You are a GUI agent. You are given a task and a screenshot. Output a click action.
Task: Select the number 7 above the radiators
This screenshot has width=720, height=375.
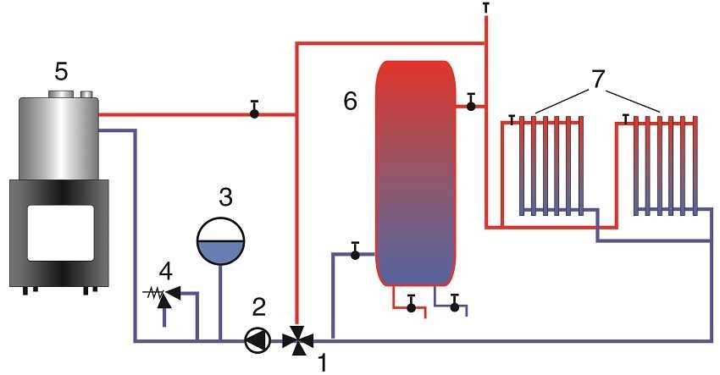coord(598,81)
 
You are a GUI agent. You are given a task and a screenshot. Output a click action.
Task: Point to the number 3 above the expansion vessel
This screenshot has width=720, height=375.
coord(224,198)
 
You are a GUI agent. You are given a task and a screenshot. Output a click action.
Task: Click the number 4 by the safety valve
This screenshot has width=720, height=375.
coord(166,273)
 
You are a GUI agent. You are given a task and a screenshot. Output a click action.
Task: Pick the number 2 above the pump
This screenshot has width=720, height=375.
coord(260,306)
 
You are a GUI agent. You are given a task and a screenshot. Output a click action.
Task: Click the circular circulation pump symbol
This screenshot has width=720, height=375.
coord(255,339)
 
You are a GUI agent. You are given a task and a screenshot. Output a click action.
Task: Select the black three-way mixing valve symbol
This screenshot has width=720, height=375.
coord(296,339)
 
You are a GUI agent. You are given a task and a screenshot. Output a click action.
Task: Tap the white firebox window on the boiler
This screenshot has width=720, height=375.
coord(58,232)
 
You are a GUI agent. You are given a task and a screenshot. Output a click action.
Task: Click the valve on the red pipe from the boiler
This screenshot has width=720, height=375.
coord(254,113)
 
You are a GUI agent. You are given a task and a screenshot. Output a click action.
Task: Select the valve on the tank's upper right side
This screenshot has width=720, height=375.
coord(470,105)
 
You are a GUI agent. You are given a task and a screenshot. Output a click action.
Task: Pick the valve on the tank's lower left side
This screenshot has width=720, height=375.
coord(356,252)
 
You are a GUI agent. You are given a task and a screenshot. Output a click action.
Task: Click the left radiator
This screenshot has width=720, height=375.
coord(548,165)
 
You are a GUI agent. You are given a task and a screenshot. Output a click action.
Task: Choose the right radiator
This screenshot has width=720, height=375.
coord(663,165)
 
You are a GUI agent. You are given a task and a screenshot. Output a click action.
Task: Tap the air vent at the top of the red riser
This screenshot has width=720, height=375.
coord(486,8)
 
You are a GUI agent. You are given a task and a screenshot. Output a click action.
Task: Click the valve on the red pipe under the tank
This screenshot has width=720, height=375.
coord(412,306)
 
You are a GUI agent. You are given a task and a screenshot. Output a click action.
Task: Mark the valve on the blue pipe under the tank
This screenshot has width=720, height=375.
coord(455,306)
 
